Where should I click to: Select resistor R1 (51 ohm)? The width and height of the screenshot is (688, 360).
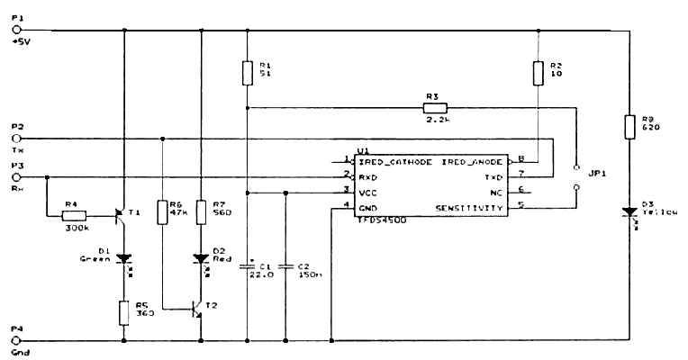(246, 71)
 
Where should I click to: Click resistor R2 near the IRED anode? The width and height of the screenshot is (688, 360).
(537, 72)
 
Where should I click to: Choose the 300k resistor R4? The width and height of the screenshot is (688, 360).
(74, 215)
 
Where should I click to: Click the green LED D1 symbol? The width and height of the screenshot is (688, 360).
(123, 257)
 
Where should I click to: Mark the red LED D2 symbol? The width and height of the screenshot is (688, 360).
(201, 257)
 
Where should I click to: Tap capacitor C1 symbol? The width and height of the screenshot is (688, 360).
(246, 267)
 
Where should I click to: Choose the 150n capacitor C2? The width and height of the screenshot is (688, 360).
(285, 267)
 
